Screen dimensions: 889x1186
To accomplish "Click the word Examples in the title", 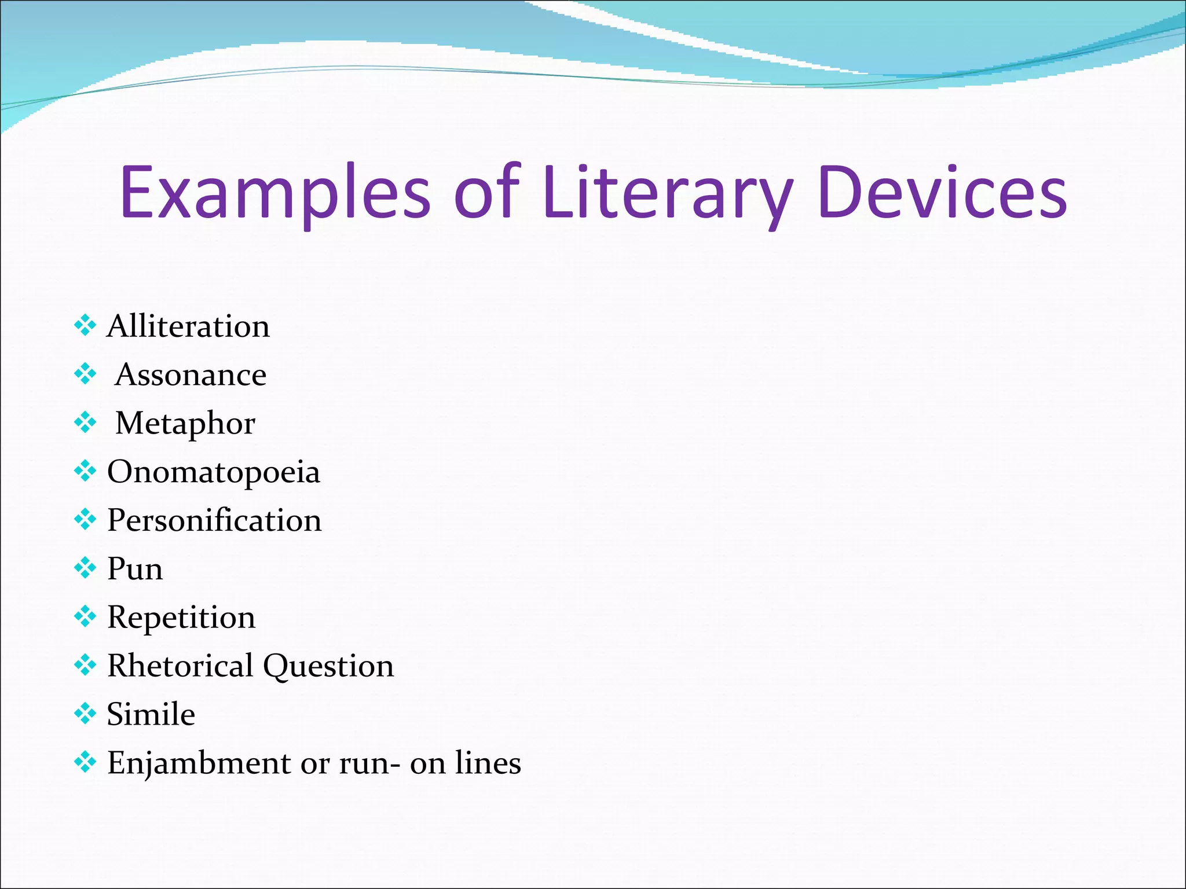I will (275, 194).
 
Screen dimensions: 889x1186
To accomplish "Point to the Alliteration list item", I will (188, 326).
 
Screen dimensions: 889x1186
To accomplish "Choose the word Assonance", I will (191, 375).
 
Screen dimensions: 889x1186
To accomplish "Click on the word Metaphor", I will (185, 424).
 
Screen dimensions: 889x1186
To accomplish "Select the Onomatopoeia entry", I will (214, 472).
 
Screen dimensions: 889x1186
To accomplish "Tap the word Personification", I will (214, 520).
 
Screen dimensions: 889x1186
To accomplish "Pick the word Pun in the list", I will (135, 569).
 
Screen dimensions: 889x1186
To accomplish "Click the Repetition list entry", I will (181, 618).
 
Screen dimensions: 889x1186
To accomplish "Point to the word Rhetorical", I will (180, 666).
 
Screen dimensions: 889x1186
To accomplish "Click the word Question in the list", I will (328, 667).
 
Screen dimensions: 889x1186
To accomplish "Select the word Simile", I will (151, 714).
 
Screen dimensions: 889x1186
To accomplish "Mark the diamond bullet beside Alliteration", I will (85, 326).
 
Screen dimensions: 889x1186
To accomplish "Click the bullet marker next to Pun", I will (85, 568).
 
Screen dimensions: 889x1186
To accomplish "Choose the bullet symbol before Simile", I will (85, 714).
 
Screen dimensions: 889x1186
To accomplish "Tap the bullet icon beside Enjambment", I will (85, 762).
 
